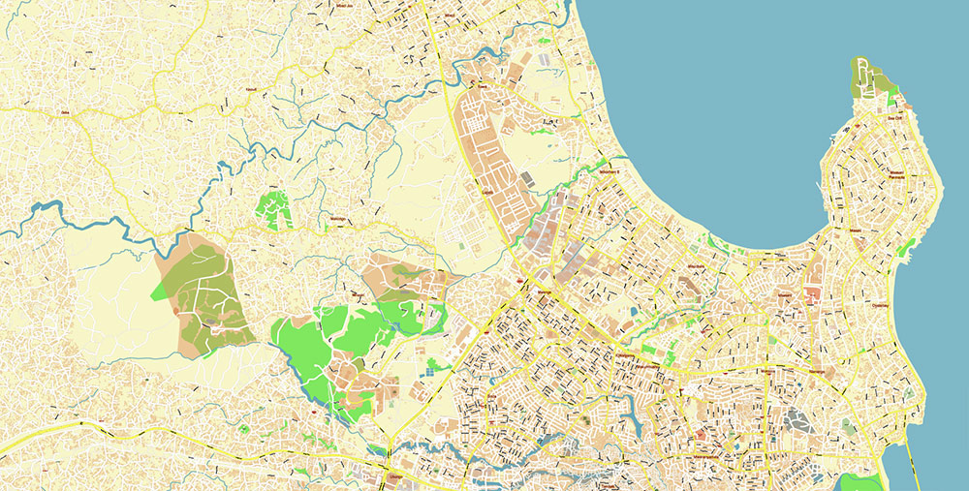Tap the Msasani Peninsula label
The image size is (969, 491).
pos(902,174)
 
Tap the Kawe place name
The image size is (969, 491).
pos(479,86)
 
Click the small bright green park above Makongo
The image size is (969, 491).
pos(274,208)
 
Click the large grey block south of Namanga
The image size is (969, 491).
pos(799,420)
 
